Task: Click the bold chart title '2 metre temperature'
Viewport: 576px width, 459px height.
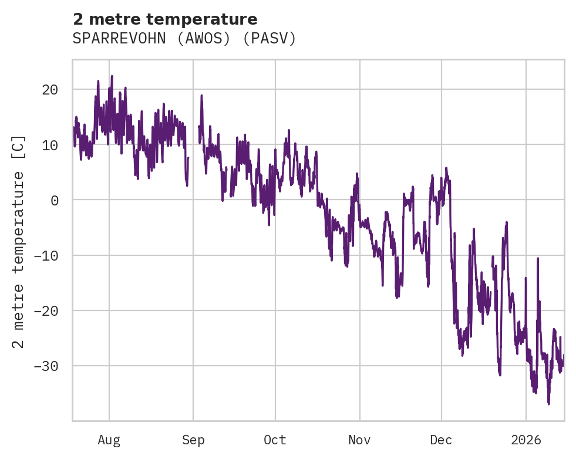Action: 165,19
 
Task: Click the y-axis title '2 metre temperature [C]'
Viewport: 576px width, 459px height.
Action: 19,242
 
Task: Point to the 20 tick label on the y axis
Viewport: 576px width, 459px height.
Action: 50,90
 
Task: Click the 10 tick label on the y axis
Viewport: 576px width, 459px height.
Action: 50,145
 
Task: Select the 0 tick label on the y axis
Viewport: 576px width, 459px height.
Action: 54,200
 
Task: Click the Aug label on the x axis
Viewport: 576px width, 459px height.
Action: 109,440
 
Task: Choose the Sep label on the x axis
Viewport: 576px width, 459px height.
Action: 193,440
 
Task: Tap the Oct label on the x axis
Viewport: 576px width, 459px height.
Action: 275,440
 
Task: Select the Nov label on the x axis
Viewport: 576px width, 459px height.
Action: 359,440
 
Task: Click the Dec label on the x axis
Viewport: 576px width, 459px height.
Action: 441,440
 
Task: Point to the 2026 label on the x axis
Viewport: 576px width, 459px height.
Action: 526,440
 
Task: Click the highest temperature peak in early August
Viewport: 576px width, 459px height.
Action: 112,76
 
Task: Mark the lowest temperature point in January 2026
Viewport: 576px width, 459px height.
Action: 548,404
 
